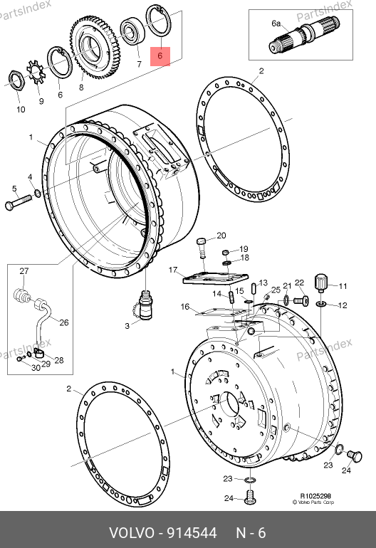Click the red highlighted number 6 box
point(160,56)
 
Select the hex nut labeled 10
point(16,80)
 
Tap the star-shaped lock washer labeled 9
point(36,72)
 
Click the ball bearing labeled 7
point(132,31)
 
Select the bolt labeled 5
point(19,202)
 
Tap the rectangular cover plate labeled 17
point(216,278)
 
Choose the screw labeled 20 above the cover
point(201,248)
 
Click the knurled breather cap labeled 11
point(321,283)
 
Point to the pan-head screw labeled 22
point(301,300)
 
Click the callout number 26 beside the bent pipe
point(63,322)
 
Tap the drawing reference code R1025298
point(315,496)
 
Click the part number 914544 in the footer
point(192,533)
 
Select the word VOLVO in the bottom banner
point(132,533)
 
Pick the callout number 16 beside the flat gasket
point(185,307)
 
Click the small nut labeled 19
point(226,252)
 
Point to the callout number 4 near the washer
point(30,177)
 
